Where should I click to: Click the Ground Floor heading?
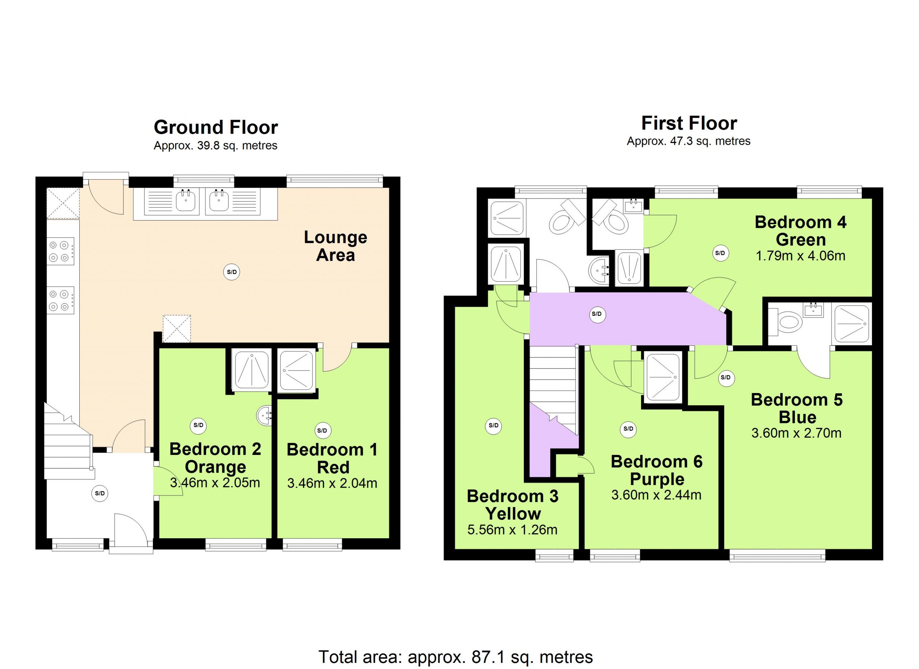pos(215,128)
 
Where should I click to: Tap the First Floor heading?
pos(689,123)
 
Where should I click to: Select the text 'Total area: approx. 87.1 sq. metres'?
pos(456,657)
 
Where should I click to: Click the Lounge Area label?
pos(336,246)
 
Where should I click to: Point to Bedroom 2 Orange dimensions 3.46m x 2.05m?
pos(215,483)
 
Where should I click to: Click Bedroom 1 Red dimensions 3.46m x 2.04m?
pos(332,483)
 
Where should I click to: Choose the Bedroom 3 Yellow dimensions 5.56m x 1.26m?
pos(513,530)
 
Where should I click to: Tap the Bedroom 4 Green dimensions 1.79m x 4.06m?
pos(800,256)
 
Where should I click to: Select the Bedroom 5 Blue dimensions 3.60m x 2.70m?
pos(796,433)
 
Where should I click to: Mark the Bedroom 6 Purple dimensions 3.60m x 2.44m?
pos(657,495)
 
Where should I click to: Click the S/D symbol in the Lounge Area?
pos(232,272)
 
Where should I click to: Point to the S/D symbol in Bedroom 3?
pos(494,425)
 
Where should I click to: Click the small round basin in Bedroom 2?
pos(264,416)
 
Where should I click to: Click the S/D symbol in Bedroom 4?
pos(720,253)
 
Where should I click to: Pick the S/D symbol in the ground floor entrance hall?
pos(100,493)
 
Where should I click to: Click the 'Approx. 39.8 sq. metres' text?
pos(215,146)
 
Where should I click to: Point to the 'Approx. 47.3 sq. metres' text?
pos(689,141)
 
